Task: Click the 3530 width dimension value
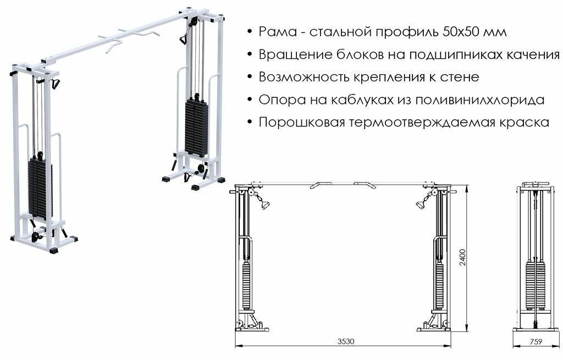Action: click(x=346, y=341)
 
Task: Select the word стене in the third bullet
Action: click(x=460, y=77)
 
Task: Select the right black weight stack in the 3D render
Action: click(x=196, y=126)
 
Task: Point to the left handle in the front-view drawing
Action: click(x=264, y=206)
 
